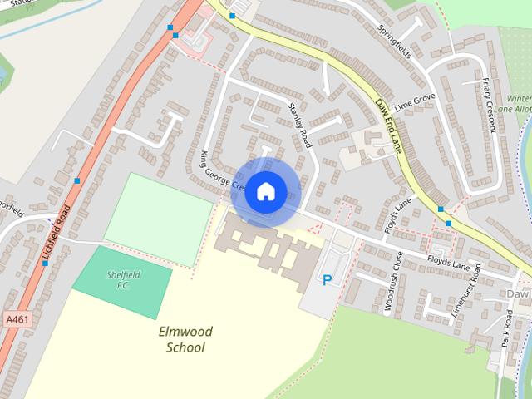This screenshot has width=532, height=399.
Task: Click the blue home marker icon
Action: (265, 191)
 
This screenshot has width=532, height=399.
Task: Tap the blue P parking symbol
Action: (327, 281)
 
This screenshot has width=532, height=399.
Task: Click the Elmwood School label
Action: (185, 340)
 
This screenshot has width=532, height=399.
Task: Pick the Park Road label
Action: (507, 328)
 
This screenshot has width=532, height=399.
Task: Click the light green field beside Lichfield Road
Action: (158, 209)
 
